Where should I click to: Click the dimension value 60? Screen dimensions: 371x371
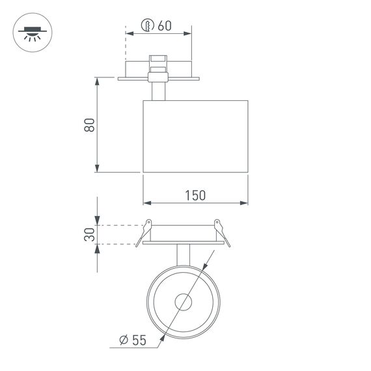click(164, 26)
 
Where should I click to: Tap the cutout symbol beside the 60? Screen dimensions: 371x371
click(147, 26)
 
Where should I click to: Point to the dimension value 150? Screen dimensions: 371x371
click(195, 195)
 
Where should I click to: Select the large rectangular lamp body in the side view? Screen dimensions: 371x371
click(195, 136)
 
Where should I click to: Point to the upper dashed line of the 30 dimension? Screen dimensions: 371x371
click(120, 225)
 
